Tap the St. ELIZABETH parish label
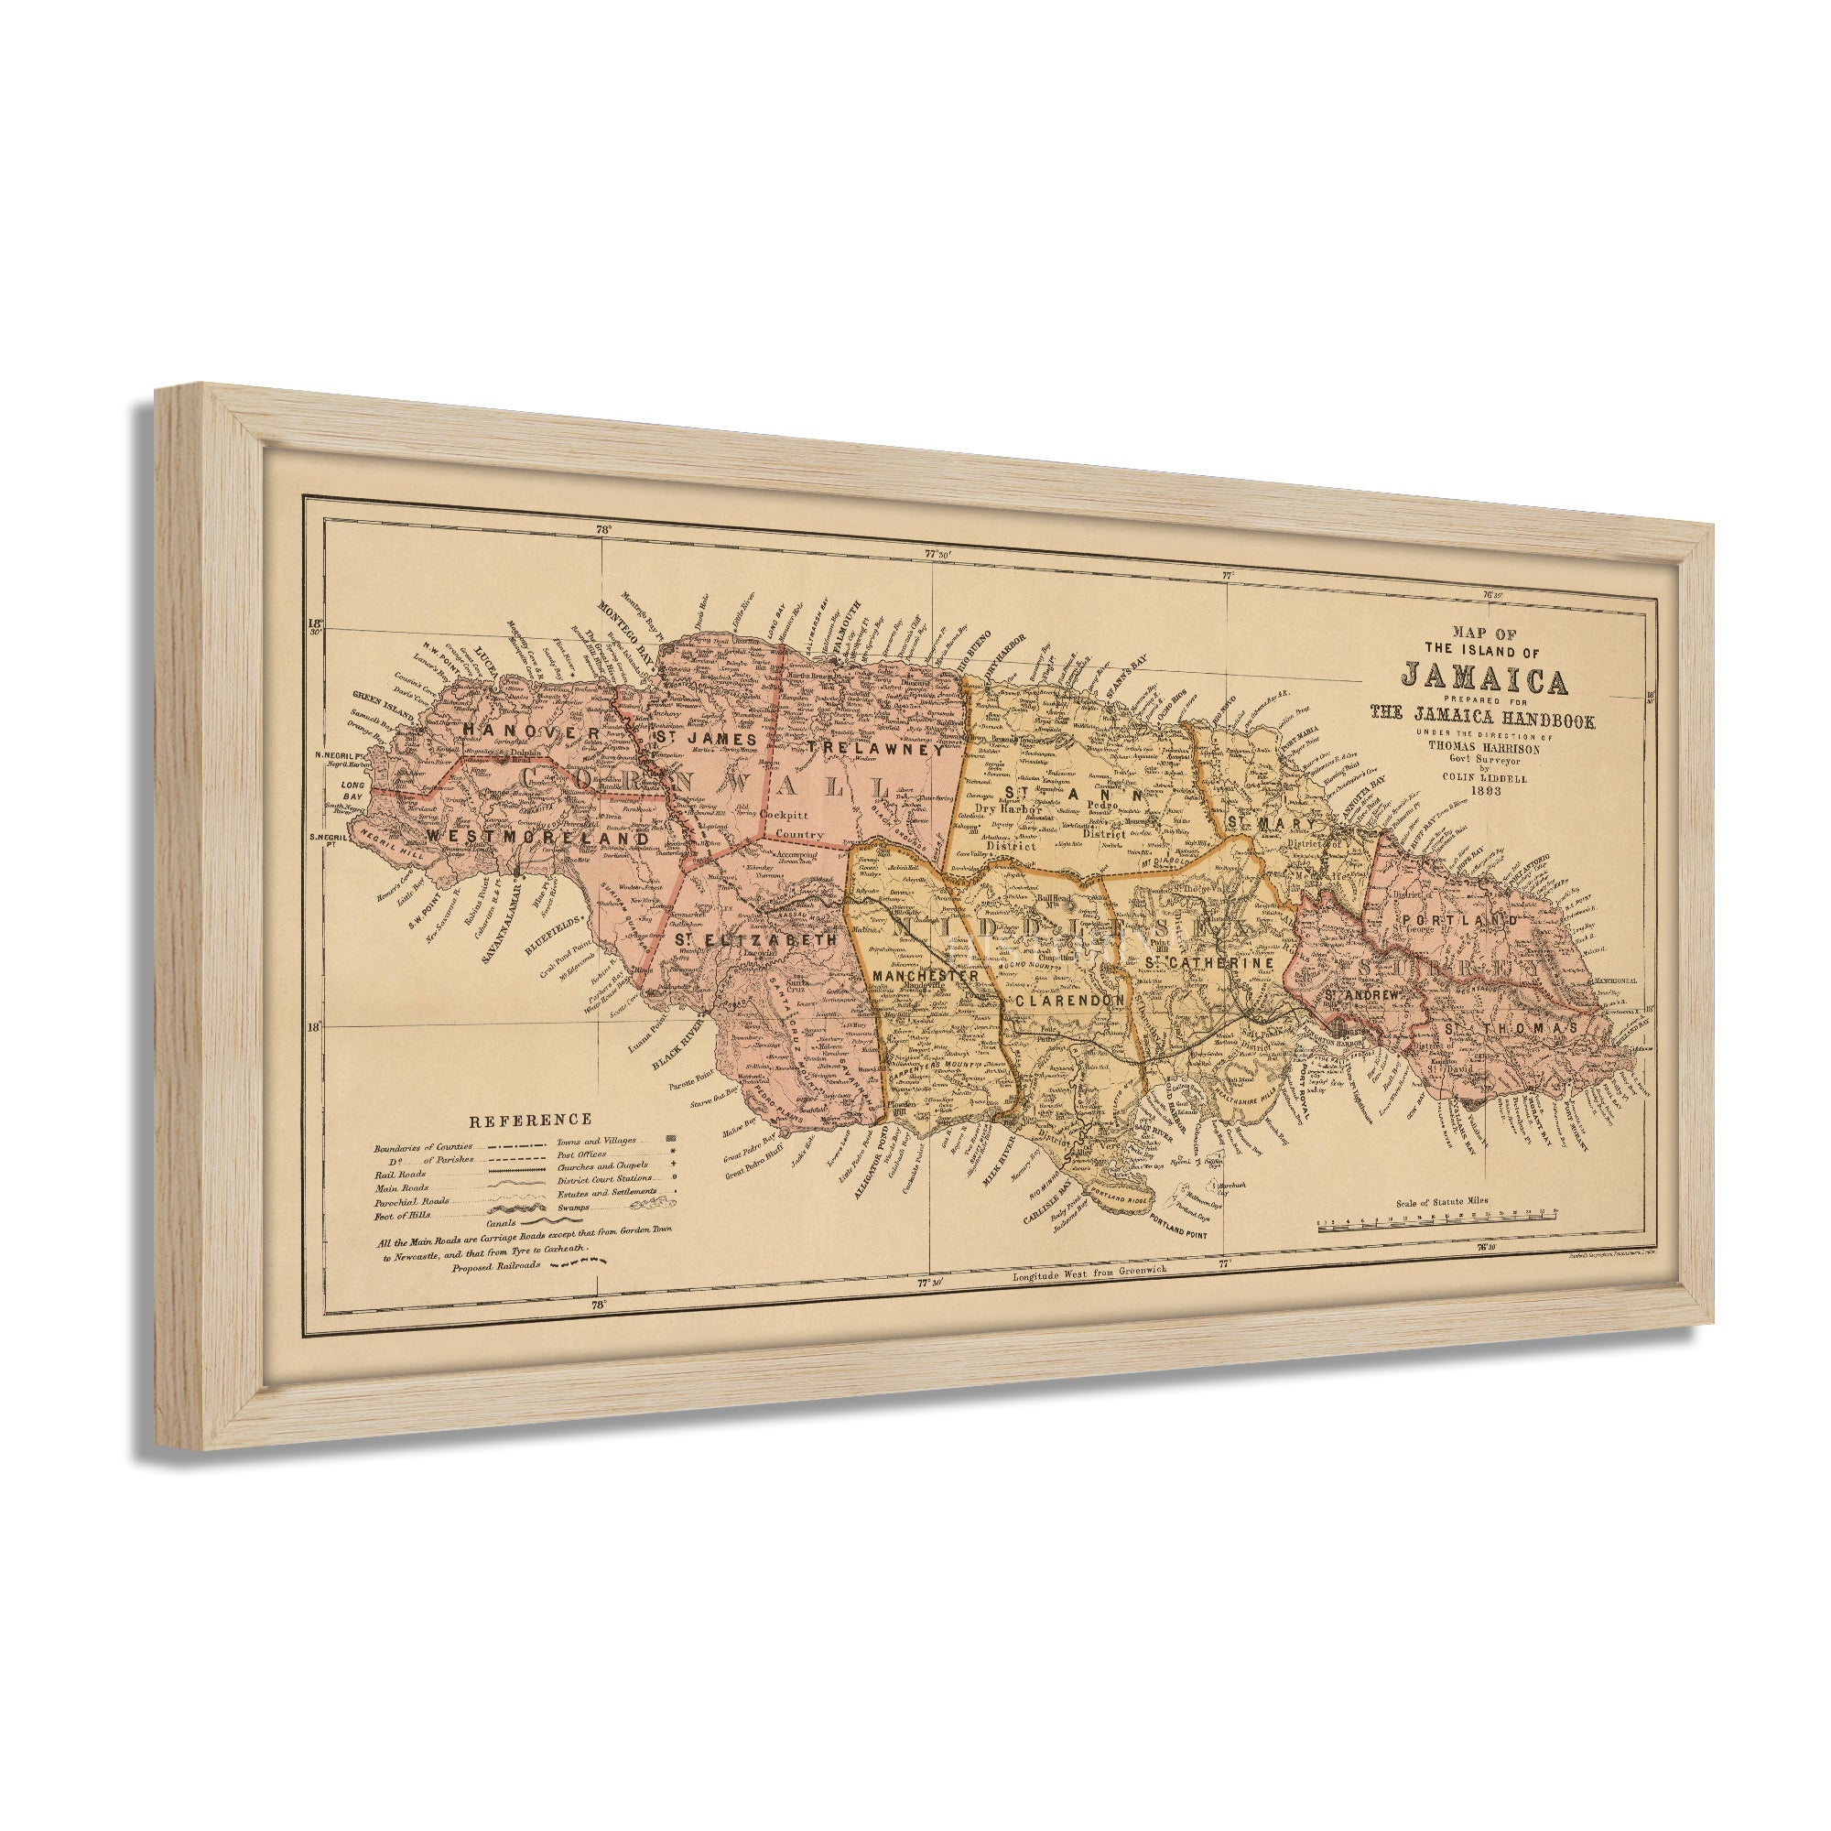coord(755,940)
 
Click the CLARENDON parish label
coord(1069,1000)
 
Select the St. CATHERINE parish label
coord(1208,963)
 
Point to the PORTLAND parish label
coord(1460,920)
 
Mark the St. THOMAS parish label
coord(1511,1028)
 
